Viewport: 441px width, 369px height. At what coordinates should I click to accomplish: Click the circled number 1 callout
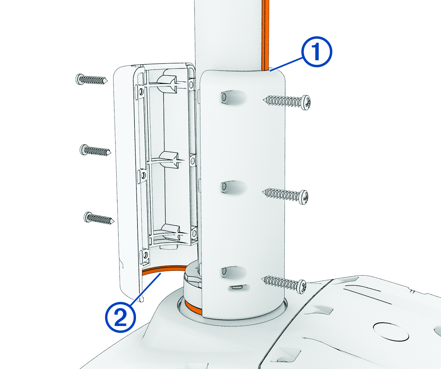316,52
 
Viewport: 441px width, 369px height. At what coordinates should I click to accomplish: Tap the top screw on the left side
92,80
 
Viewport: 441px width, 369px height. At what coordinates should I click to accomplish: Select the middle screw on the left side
95,150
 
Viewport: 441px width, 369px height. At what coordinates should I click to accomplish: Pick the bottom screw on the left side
99,218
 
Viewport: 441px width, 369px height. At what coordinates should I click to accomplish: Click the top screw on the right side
287,102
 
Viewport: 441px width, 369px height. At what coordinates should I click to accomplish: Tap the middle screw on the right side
285,196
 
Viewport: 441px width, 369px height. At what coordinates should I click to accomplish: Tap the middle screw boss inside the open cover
169,159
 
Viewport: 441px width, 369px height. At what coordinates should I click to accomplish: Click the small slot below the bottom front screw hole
237,287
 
